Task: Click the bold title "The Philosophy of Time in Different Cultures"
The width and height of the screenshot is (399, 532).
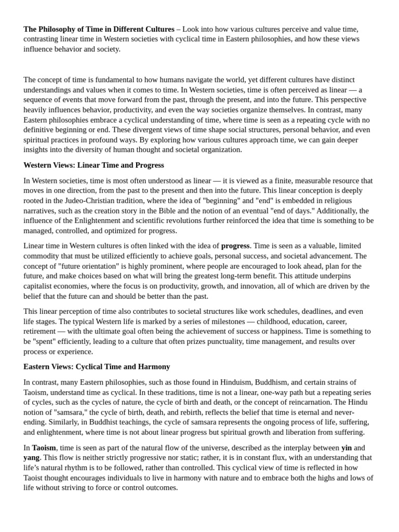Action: pos(99,29)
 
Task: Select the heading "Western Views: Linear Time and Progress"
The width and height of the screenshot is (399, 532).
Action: pos(94,165)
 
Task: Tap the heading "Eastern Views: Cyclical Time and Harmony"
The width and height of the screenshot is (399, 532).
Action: pos(97,367)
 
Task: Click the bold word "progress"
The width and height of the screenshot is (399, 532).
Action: pos(235,246)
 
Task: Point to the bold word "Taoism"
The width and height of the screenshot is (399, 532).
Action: pos(44,447)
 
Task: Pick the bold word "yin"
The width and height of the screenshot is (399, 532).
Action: pos(347,447)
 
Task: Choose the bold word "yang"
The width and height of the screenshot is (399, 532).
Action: pos(31,458)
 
